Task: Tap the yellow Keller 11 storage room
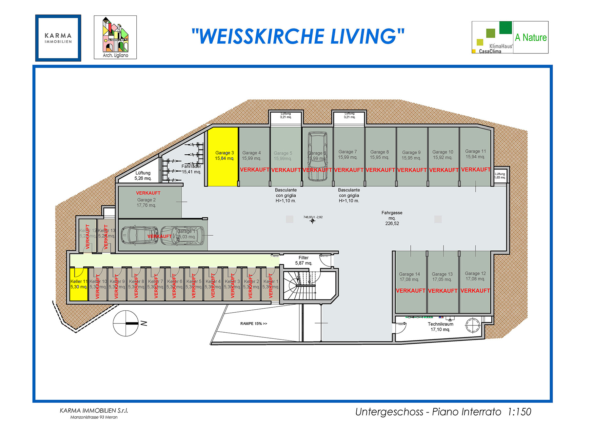(79, 284)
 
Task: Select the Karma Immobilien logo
(58, 38)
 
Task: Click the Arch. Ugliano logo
(115, 37)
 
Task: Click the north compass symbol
(126, 323)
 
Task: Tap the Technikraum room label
(440, 327)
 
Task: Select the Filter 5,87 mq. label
(304, 261)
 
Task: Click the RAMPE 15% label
(253, 324)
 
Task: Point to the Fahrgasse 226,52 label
(392, 218)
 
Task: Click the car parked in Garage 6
(317, 157)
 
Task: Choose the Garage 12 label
(475, 276)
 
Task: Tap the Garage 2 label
(146, 203)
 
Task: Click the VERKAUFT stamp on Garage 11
(476, 170)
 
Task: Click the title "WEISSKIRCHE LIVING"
(298, 36)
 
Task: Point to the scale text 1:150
(520, 412)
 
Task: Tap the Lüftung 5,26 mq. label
(143, 176)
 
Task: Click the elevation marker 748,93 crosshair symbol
(312, 221)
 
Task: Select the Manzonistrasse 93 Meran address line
(94, 417)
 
